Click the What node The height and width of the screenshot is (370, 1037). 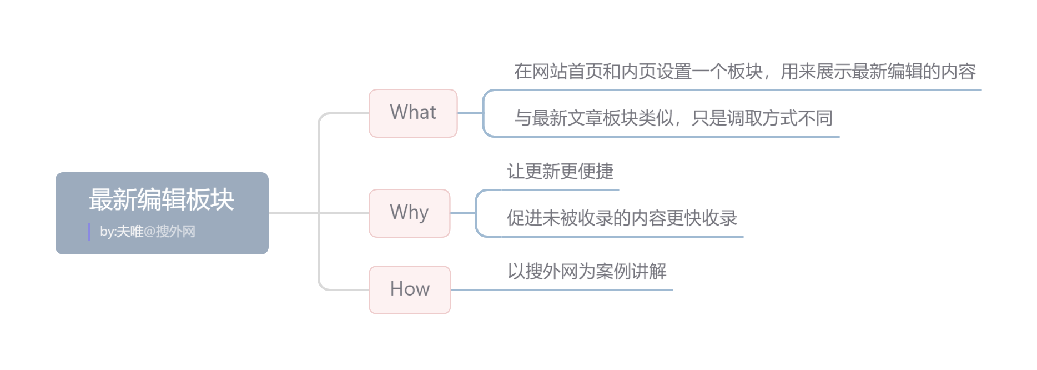[x=413, y=113]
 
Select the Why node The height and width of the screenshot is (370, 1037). [x=409, y=213]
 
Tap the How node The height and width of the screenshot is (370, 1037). [x=410, y=289]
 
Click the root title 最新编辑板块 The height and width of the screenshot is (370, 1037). [x=162, y=199]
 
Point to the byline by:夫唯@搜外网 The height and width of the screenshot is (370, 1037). [x=148, y=232]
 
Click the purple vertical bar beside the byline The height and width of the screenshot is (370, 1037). [x=89, y=232]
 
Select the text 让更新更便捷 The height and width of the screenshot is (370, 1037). [x=560, y=172]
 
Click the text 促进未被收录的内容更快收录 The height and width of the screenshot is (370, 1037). [x=622, y=218]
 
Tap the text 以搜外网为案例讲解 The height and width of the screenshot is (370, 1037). [x=587, y=272]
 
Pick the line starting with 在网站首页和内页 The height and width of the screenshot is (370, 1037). [x=744, y=72]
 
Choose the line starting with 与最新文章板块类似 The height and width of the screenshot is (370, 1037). [x=673, y=118]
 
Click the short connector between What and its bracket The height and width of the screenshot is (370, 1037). [x=470, y=113]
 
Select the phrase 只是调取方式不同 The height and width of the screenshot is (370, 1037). [x=762, y=118]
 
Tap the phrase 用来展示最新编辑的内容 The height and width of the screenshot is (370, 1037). [x=878, y=72]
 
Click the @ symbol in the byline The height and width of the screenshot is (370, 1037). [x=149, y=232]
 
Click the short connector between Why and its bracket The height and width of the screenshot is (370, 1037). [x=462, y=213]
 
